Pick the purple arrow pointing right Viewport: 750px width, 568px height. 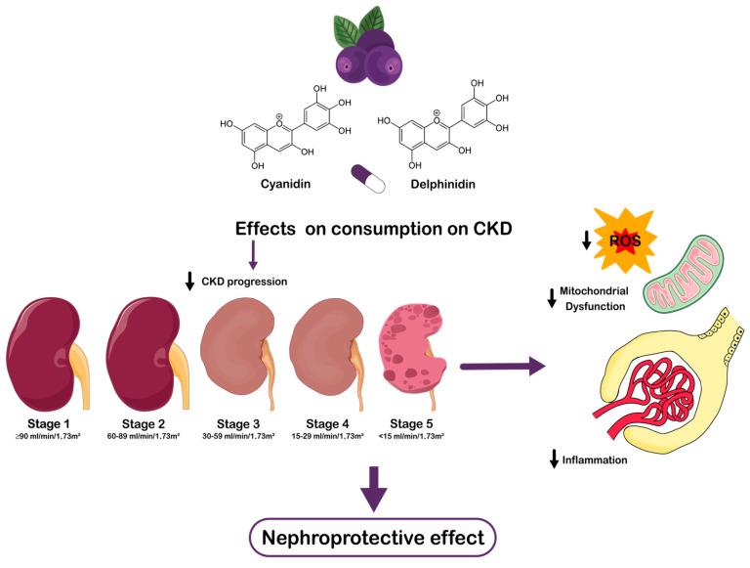(502, 368)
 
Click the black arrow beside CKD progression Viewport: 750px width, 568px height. (188, 282)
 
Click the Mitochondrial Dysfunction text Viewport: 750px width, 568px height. (594, 299)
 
